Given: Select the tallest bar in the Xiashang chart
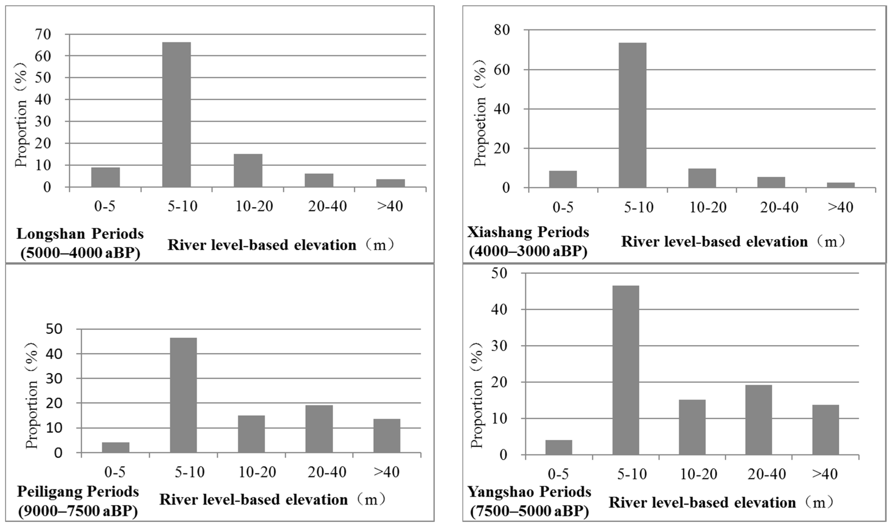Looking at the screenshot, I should pos(632,115).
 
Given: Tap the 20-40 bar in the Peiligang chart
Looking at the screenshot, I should pos(319,429).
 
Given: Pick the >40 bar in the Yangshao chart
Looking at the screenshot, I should pos(825,430).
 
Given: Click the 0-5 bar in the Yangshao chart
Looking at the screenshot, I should pos(559,448).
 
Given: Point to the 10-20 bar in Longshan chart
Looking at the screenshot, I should pos(248,171).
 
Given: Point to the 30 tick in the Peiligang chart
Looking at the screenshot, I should pos(54,379).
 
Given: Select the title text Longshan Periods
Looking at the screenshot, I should pos(80,234).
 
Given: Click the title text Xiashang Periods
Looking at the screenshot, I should pos(528,232).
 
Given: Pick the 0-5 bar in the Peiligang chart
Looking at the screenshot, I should pos(116,447).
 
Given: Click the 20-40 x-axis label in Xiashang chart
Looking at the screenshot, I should pos(779,207).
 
